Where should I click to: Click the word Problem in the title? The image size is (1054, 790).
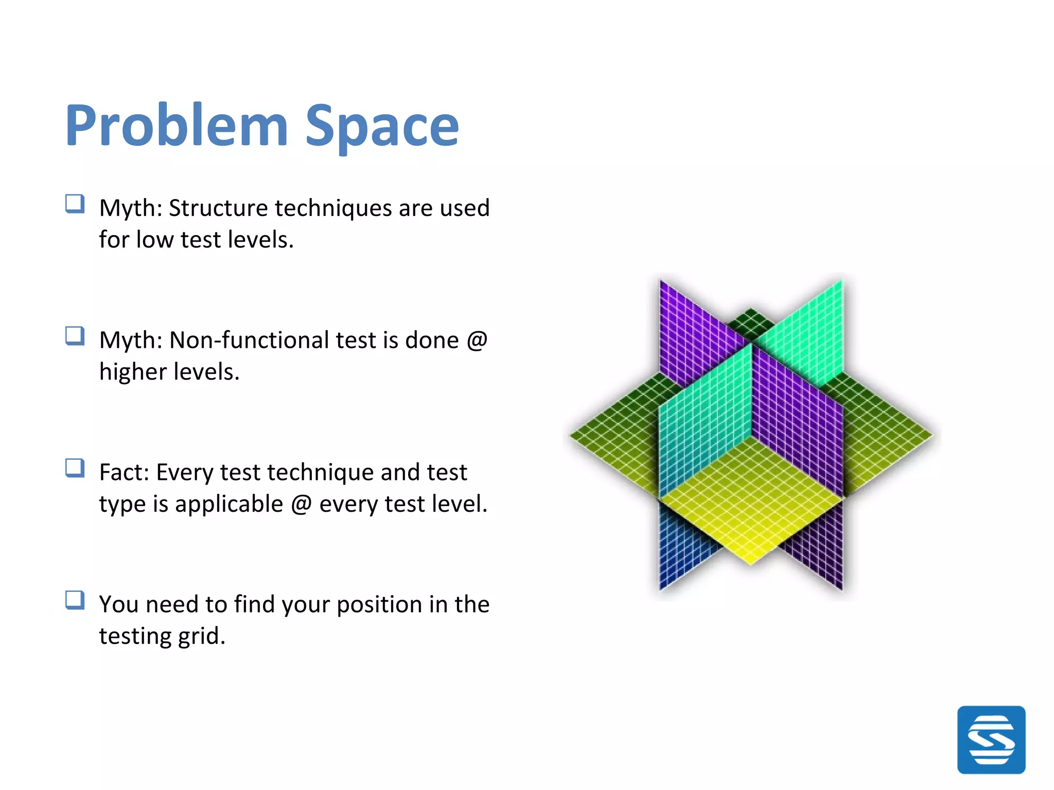tap(177, 126)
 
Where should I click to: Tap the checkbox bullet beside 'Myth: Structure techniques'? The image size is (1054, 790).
tap(75, 204)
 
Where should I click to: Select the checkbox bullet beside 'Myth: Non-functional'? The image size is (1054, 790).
tap(75, 336)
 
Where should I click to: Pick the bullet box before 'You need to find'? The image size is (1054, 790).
tap(75, 600)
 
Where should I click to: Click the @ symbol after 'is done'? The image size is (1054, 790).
tap(477, 340)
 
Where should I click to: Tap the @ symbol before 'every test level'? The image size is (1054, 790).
tap(301, 504)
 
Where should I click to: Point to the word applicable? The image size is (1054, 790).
tap(229, 504)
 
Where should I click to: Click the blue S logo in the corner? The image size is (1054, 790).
tap(991, 740)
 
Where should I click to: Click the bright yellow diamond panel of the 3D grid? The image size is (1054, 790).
tap(751, 509)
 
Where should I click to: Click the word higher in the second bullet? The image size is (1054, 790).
tap(129, 372)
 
